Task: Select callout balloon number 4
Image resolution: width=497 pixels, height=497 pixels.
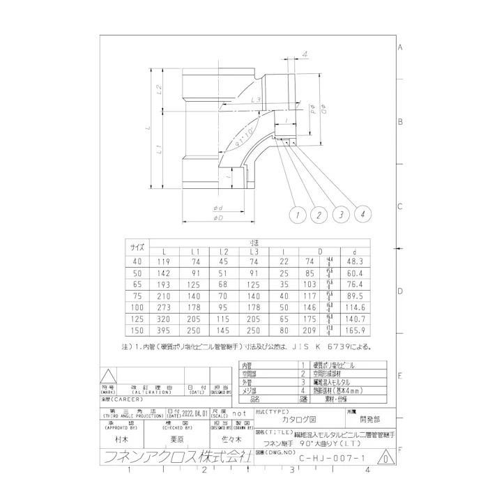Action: pyautogui.click(x=362, y=215)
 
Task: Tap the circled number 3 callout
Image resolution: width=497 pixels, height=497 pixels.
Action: pyautogui.click(x=341, y=215)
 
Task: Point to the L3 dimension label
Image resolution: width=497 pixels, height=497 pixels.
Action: pyautogui.click(x=238, y=100)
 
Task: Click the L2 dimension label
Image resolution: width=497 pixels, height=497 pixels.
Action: pyautogui.click(x=160, y=90)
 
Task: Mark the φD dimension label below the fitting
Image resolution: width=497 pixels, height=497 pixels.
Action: pyautogui.click(x=217, y=219)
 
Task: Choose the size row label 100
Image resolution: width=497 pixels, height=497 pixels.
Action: pyautogui.click(x=137, y=307)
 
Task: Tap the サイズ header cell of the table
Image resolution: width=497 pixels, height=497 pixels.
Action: pyautogui.click(x=137, y=246)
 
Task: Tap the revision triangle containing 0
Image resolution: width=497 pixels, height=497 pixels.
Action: pyautogui.click(x=385, y=459)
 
